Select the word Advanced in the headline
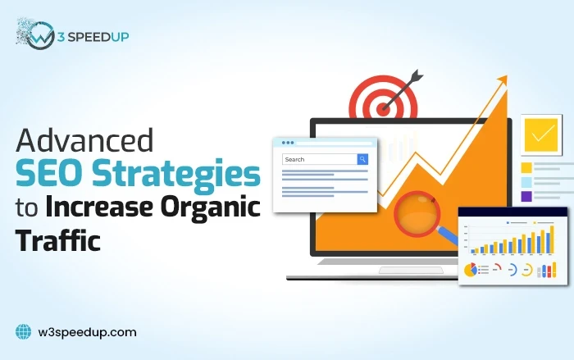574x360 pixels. (84, 141)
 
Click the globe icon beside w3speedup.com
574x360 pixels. (23, 332)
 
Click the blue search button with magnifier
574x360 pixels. (362, 159)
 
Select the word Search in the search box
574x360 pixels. (294, 159)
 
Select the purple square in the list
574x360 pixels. (526, 197)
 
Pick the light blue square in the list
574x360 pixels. (526, 182)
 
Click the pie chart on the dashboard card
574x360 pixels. (471, 270)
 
